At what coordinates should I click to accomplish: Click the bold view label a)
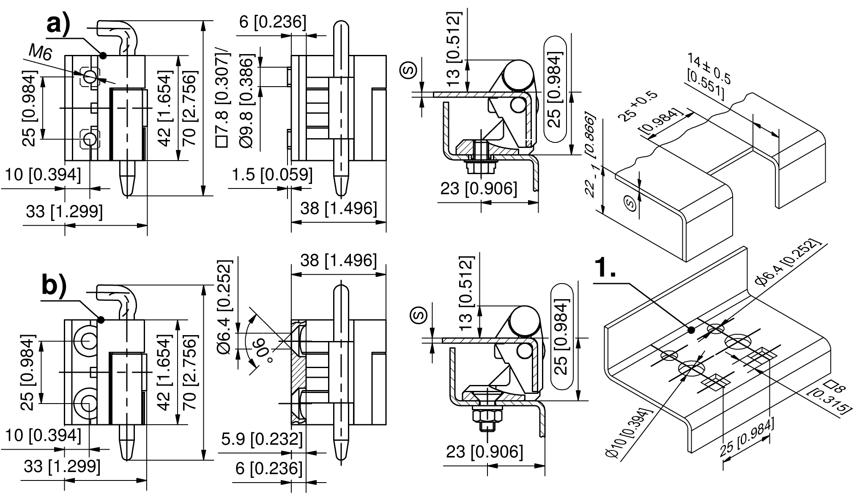tap(58, 25)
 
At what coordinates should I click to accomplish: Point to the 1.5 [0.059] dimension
tap(272, 175)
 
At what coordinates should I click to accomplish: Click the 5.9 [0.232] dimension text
tap(262, 439)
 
